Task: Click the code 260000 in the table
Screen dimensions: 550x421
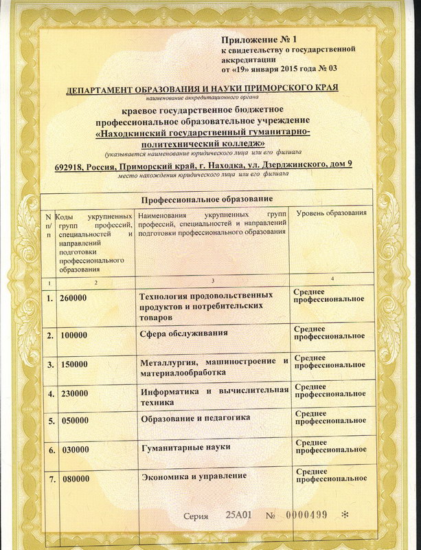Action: (x=74, y=299)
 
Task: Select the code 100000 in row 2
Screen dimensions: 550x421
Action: (x=74, y=335)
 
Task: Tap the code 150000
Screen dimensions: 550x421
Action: (x=74, y=364)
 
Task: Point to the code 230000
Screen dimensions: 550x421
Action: (x=74, y=394)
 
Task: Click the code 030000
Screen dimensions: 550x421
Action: (x=74, y=450)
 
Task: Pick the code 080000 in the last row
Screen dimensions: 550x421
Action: (x=76, y=478)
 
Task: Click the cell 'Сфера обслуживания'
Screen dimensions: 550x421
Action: (x=183, y=334)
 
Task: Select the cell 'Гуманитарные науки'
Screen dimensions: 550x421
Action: (x=185, y=448)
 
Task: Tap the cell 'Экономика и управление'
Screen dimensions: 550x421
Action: (x=194, y=476)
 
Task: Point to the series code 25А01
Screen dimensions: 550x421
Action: (x=238, y=516)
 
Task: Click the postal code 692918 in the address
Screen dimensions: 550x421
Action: (x=72, y=165)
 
